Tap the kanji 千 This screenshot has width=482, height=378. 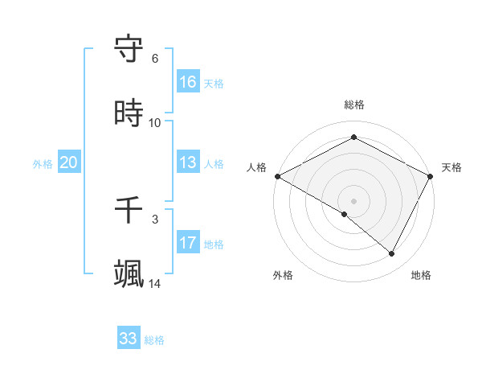[129, 211]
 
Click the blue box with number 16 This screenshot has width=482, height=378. [188, 81]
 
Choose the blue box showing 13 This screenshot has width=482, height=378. [188, 162]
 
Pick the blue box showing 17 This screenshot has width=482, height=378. [188, 242]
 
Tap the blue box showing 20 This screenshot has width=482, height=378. [69, 162]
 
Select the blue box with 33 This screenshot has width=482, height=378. [129, 339]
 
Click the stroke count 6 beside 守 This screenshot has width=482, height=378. [155, 59]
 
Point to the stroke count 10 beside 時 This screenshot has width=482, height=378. [155, 123]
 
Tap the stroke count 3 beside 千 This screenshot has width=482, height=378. [155, 219]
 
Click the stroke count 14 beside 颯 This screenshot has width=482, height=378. [155, 283]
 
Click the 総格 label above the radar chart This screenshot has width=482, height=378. [354, 105]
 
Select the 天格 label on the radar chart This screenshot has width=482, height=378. [451, 167]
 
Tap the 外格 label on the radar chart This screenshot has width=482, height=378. [283, 275]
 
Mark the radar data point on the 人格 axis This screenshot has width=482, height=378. [277, 176]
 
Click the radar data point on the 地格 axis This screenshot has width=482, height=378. [392, 254]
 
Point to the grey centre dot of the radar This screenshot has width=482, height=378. [354, 201]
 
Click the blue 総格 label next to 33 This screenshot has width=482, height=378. [155, 340]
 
